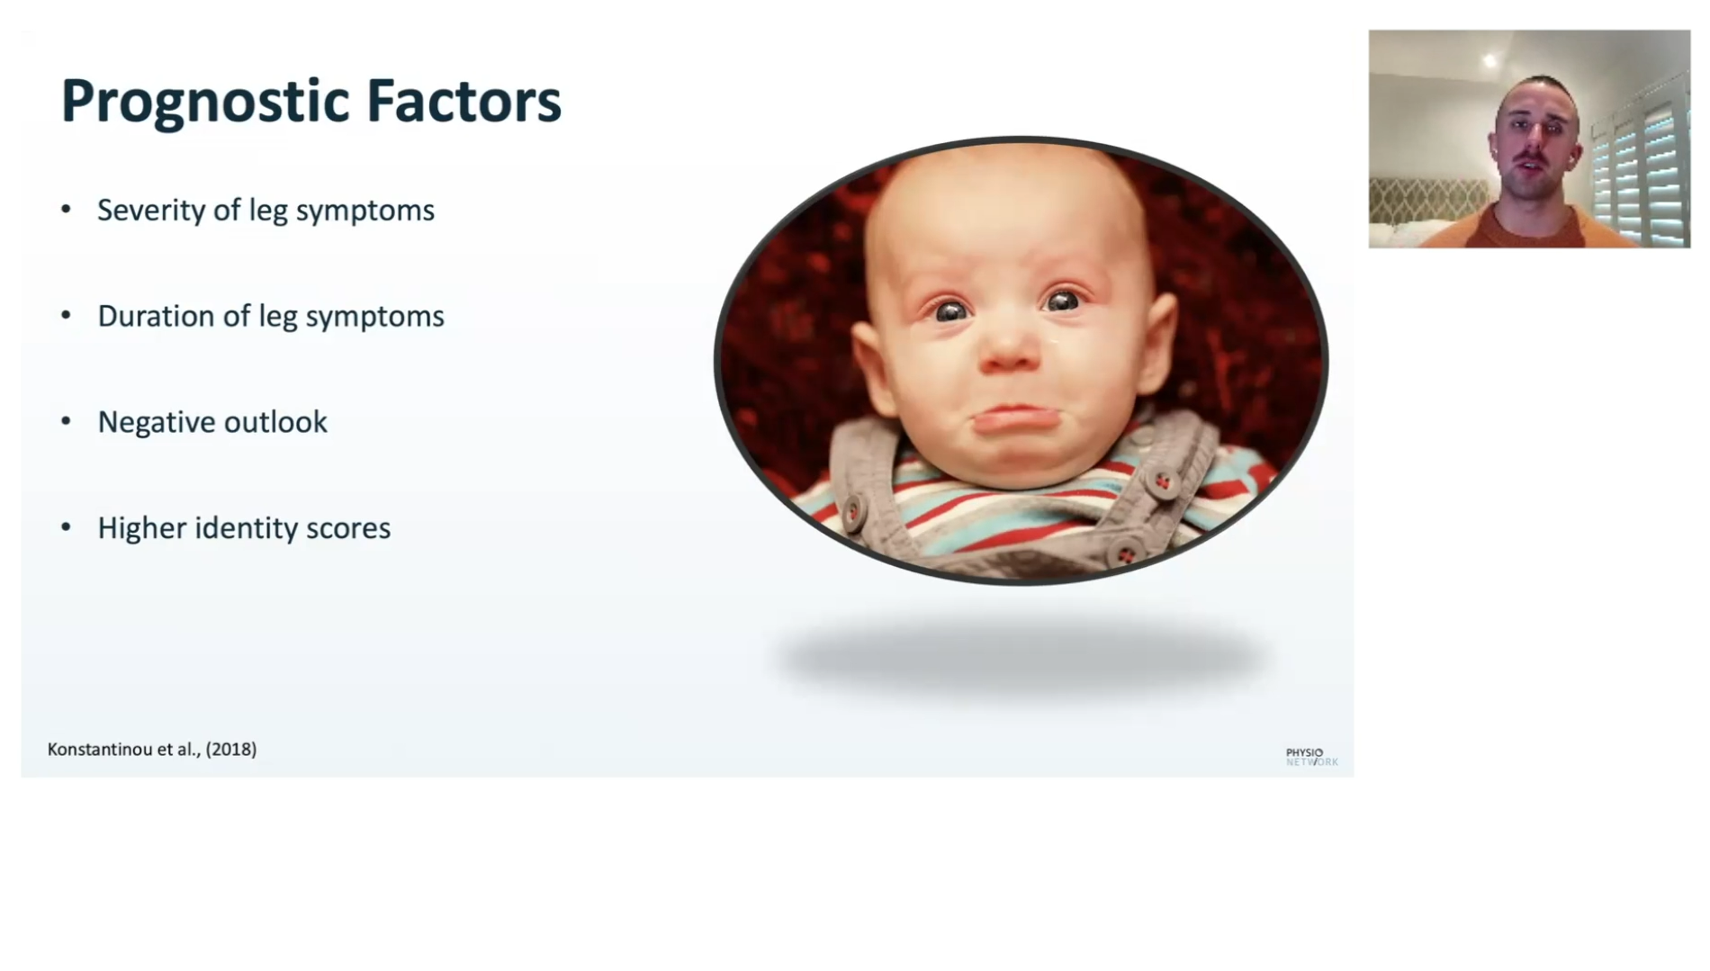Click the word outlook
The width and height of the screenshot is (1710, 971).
pyautogui.click(x=275, y=422)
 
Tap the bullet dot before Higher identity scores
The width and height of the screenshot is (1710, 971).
pyautogui.click(x=66, y=527)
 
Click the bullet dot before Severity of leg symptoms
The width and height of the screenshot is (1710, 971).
pyautogui.click(x=66, y=210)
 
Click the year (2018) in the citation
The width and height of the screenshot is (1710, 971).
pyautogui.click(x=231, y=750)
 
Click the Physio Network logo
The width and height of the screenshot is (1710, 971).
pyautogui.click(x=1311, y=757)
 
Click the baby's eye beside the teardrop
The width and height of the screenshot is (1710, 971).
pyautogui.click(x=1062, y=301)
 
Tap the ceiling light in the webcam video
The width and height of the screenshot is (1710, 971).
pyautogui.click(x=1490, y=61)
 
